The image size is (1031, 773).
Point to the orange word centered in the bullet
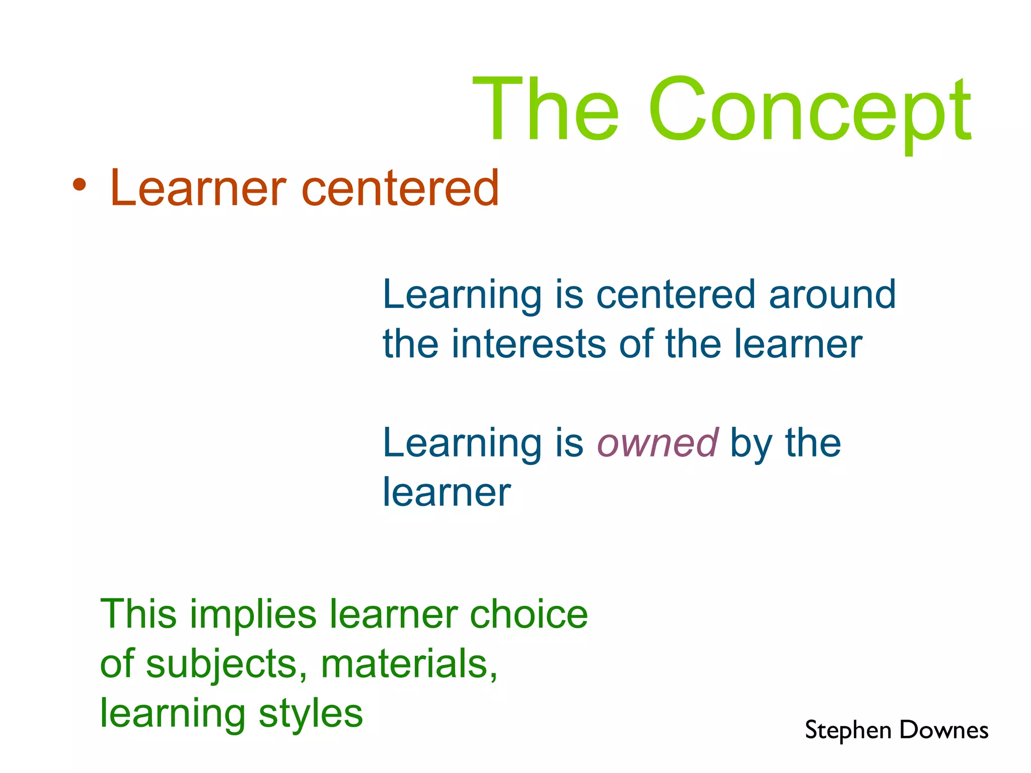(x=400, y=188)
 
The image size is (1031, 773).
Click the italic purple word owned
(x=657, y=443)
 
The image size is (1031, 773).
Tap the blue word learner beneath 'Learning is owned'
(x=447, y=492)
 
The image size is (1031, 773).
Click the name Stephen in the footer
(x=848, y=731)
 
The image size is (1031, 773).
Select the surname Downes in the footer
(x=944, y=730)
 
